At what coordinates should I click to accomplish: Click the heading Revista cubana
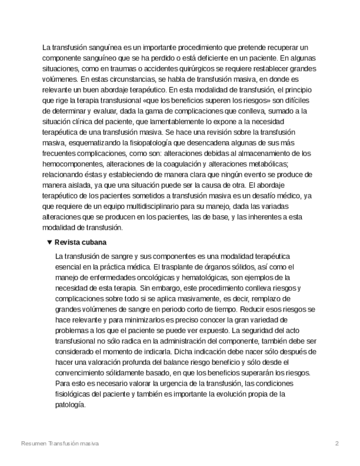pos(80,242)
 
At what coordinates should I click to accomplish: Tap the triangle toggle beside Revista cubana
pos(49,242)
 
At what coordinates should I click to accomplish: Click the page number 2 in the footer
pos(337,443)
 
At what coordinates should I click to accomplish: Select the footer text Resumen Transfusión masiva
pos(59,443)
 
